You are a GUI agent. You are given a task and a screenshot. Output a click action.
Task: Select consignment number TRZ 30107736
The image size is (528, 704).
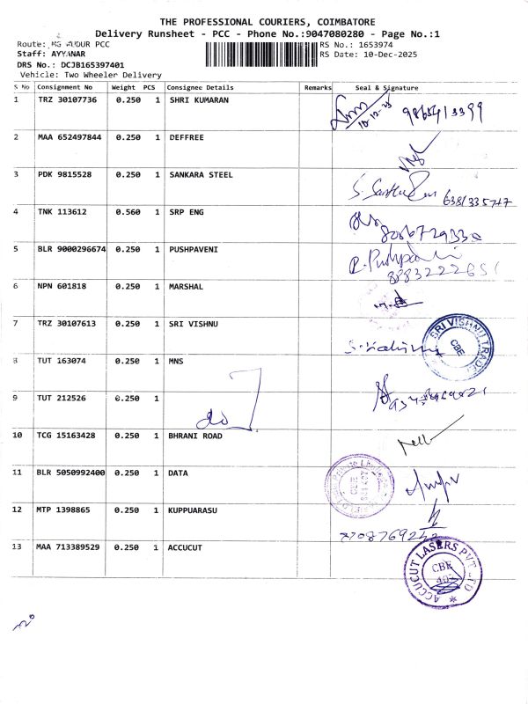pyautogui.click(x=66, y=100)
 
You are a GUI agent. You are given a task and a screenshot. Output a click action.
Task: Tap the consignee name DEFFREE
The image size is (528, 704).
pyautogui.click(x=187, y=138)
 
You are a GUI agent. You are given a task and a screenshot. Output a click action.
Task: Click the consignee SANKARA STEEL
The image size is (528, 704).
pyautogui.click(x=201, y=175)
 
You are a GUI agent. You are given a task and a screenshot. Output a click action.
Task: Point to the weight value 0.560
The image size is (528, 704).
pyautogui.click(x=128, y=212)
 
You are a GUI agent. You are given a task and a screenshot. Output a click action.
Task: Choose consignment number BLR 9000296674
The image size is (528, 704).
pyautogui.click(x=70, y=249)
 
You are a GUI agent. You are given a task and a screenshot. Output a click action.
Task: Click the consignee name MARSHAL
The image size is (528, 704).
pyautogui.click(x=186, y=286)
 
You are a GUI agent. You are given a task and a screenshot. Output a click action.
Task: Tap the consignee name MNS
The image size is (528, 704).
pyautogui.click(x=178, y=361)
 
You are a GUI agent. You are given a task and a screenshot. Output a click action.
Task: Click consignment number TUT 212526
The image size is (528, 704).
pyautogui.click(x=61, y=398)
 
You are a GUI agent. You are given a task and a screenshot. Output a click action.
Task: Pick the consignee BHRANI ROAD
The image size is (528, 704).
pyautogui.click(x=195, y=436)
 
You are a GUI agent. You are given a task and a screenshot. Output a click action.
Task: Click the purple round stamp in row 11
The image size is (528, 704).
pyautogui.click(x=354, y=487)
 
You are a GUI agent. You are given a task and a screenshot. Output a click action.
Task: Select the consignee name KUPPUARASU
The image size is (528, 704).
pyautogui.click(x=193, y=510)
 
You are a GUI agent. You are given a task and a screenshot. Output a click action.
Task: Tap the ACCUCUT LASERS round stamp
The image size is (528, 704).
pyautogui.click(x=443, y=569)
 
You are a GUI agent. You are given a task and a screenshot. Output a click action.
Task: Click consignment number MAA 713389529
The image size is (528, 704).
pyautogui.click(x=68, y=547)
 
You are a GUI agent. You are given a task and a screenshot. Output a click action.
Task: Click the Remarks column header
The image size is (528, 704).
pyautogui.click(x=318, y=88)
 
